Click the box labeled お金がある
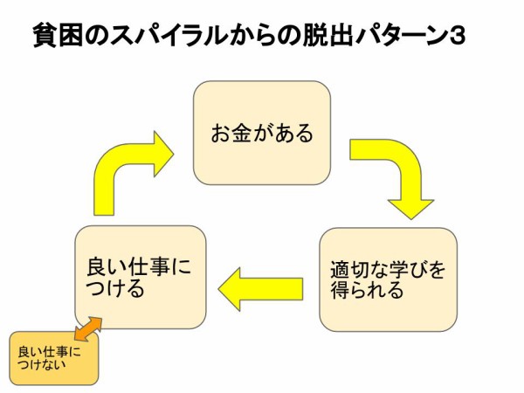pos(261,133)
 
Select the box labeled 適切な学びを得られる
pos(388,279)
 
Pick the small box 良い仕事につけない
pos(54,358)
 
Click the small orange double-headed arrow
pos(88,328)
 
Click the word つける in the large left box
pos(116,289)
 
